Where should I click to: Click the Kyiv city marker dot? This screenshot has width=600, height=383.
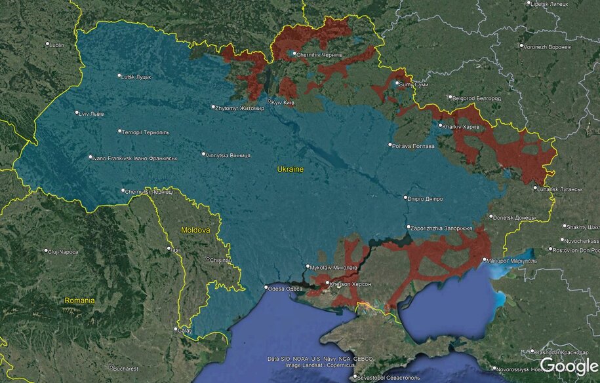[269, 101]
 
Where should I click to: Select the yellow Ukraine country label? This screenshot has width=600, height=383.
[290, 169]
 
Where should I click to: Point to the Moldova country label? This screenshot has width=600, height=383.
[195, 230]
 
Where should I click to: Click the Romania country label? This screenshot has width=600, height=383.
[79, 300]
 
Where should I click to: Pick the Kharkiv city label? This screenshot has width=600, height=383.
[462, 126]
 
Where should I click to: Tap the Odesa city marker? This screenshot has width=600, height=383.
[266, 287]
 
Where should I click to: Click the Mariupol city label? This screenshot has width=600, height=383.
[514, 260]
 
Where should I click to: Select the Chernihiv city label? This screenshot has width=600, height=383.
[319, 55]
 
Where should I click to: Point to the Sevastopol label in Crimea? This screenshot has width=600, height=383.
[380, 377]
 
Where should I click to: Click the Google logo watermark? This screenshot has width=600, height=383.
[569, 366]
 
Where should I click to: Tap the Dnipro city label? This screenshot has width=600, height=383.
[425, 198]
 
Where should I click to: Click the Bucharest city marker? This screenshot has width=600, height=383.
[111, 367]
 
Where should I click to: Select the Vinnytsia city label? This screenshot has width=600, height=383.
[228, 156]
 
